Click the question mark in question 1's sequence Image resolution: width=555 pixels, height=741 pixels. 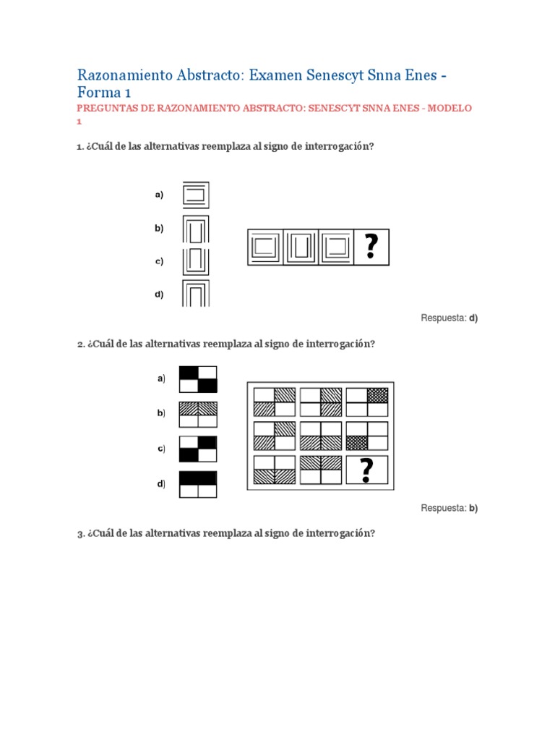coord(371,247)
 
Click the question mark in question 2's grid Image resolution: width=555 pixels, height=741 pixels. coord(367,470)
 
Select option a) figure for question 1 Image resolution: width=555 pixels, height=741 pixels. coord(196,195)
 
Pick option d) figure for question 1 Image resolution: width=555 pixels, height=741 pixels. coord(196,295)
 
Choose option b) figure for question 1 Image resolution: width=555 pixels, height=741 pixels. coord(196,229)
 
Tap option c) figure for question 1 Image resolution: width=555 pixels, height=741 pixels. coord(196,261)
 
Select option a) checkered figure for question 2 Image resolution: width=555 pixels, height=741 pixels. coord(198,379)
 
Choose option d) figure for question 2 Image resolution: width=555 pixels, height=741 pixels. coord(198,484)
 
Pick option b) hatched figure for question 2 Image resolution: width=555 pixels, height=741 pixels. coord(198,414)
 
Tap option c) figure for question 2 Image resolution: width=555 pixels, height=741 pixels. coord(198,449)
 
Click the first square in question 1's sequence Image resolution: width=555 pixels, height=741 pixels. coord(265,247)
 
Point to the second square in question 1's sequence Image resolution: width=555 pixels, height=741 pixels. coord(301,247)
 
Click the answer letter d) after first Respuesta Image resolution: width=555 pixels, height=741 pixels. coord(473,318)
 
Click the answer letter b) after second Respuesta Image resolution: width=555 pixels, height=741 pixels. coord(473,508)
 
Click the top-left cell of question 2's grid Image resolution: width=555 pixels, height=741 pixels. coord(275,401)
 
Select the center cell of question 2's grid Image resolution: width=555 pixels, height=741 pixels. coord(320,436)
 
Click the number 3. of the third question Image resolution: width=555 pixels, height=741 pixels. coord(81,533)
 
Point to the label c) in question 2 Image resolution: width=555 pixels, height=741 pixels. coord(161,449)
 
